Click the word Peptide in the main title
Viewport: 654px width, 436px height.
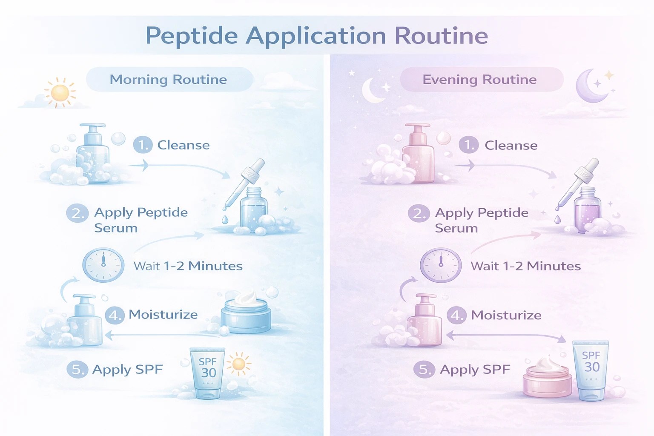coord(192,36)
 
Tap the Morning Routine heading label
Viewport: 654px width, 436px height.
coord(169,80)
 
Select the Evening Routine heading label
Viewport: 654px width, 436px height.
coord(479,80)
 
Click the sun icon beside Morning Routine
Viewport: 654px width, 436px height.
coord(60,92)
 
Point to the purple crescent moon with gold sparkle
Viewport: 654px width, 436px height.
coord(593,86)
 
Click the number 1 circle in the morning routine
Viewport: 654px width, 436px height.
coord(143,145)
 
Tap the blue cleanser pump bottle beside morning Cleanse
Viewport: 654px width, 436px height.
coord(92,153)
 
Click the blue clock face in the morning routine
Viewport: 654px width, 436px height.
coord(103,265)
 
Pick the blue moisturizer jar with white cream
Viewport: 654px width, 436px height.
coord(246,313)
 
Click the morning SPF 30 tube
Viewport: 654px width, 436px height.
coord(207,373)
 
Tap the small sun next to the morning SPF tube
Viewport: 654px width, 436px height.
coord(239,364)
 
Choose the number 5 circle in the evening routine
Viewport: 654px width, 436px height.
coord(424,370)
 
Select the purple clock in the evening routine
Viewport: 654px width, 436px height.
coord(441,265)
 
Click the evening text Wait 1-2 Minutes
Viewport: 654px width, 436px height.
coord(525,266)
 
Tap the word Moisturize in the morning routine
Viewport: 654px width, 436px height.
coord(163,315)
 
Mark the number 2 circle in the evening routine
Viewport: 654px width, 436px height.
coord(419,213)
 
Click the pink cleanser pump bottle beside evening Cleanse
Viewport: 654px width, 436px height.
coord(418,153)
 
